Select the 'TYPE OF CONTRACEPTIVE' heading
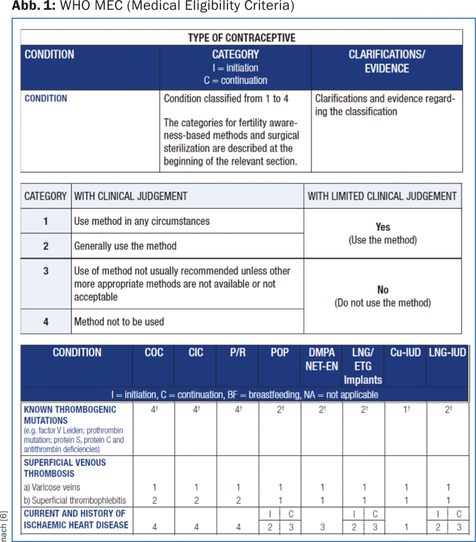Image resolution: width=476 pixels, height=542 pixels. (241, 38)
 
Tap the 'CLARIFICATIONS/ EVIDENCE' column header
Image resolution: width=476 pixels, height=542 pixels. (387, 61)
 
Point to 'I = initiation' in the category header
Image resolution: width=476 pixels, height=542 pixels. (235, 68)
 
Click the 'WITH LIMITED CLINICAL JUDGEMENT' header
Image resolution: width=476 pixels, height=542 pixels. (382, 196)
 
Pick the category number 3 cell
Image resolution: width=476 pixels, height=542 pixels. (46, 271)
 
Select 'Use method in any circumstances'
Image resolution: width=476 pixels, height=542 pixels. (142, 221)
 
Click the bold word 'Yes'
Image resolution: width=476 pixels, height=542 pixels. (383, 227)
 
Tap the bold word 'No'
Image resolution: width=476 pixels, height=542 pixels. (383, 290)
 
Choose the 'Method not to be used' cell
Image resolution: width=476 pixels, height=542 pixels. (119, 322)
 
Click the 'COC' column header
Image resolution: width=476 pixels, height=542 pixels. (154, 353)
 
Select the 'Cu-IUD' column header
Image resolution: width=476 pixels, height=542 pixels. (405, 353)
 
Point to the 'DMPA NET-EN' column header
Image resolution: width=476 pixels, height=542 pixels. (322, 359)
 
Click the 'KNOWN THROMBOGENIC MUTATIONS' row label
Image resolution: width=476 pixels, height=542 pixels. (70, 415)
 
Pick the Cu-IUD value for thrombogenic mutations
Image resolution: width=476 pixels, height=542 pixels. (406, 409)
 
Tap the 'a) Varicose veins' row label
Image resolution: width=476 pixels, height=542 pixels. (52, 487)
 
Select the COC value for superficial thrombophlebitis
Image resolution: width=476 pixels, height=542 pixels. (154, 500)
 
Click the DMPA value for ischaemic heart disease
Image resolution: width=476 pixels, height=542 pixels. (322, 527)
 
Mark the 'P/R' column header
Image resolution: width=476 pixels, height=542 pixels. (238, 353)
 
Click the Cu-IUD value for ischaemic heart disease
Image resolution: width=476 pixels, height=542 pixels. (406, 527)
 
